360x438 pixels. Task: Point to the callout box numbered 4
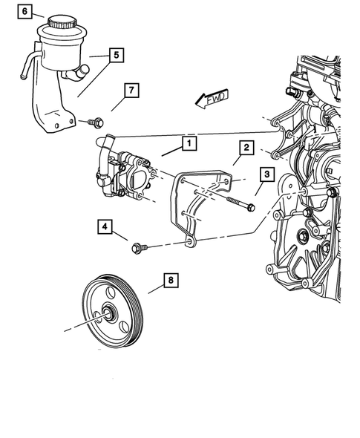pyautogui.click(x=106, y=226)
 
